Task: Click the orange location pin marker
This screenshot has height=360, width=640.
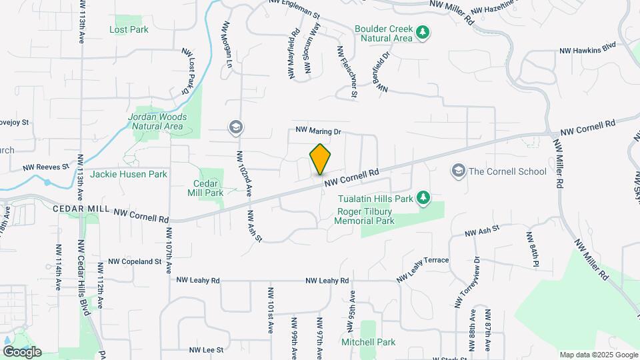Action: pos(321,160)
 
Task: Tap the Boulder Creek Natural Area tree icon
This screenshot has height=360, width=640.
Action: pos(422,32)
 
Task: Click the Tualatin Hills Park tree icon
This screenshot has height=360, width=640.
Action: pos(423,197)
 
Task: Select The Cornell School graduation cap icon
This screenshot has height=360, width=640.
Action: pos(458,171)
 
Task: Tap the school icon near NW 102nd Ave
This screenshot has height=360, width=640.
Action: pos(235,127)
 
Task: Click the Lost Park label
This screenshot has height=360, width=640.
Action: pos(129,30)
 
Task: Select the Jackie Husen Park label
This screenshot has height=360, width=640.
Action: pos(128,174)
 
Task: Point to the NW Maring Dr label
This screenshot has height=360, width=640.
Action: pos(318,132)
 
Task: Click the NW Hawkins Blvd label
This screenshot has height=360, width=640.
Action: pos(587,49)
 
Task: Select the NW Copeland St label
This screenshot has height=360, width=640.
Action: pos(135,262)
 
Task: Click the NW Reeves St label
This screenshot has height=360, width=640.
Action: pos(46,167)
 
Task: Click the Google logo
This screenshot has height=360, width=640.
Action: pos(22,352)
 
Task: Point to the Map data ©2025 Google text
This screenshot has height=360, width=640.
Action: pos(599,355)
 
